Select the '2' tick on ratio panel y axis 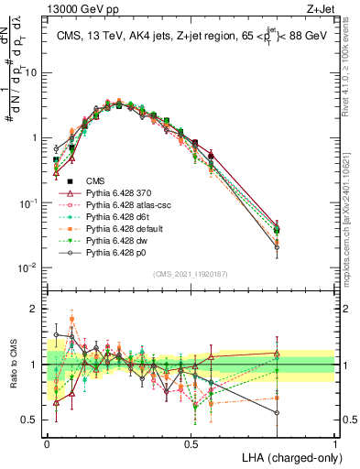click(x=37, y=309)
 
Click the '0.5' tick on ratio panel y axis click(x=33, y=420)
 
